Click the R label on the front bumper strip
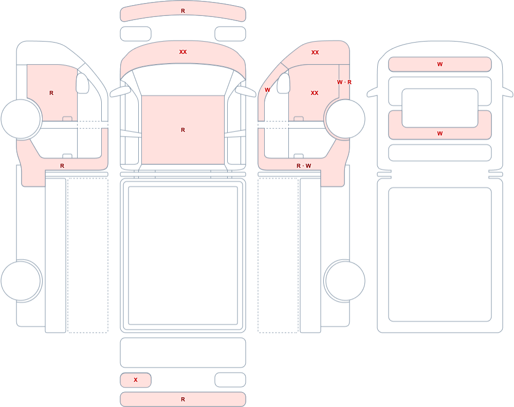(x=183, y=11)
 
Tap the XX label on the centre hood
(x=183, y=52)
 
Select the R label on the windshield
(x=183, y=130)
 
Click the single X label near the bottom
(x=136, y=380)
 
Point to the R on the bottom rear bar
(x=183, y=399)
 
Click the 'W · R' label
(x=344, y=82)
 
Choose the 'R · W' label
(x=304, y=166)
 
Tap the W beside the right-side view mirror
(x=267, y=90)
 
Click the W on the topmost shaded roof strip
(x=440, y=64)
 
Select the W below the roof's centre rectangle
(x=440, y=133)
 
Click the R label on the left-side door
(x=51, y=93)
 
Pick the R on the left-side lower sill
(x=62, y=166)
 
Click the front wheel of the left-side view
(x=21, y=119)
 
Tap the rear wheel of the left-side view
(x=21, y=281)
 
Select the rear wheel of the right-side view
(x=344, y=281)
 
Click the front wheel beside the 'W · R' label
(x=344, y=119)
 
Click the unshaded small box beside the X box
(x=230, y=380)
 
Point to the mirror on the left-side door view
(x=82, y=83)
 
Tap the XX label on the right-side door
(x=315, y=93)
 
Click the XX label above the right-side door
(x=315, y=52)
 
